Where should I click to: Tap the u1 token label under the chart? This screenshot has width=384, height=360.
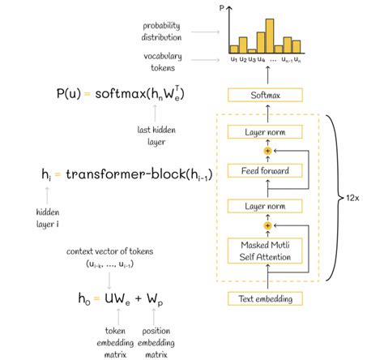coord(233,59)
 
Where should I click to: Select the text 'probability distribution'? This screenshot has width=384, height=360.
coord(162,31)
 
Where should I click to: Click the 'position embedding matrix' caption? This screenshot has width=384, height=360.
coord(156,342)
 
